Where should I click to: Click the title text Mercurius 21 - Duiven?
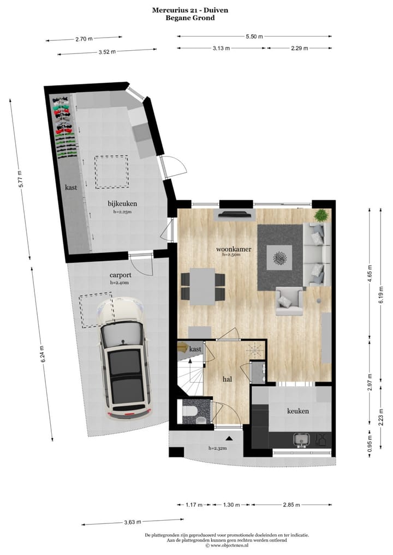point(190,10)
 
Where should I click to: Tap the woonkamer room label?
point(234,249)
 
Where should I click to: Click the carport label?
point(119,276)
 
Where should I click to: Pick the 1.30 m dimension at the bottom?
point(231,505)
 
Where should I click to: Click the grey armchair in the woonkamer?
point(290,301)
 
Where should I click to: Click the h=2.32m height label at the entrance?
point(217,449)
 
